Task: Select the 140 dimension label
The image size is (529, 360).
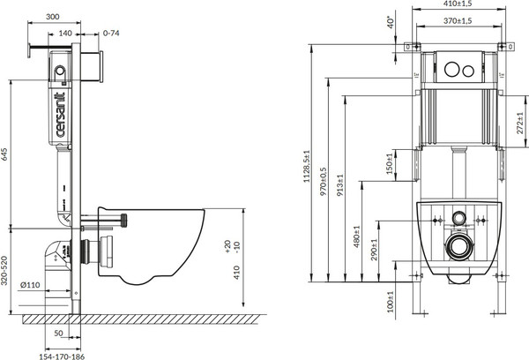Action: point(65,33)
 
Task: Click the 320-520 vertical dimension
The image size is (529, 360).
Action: point(7,269)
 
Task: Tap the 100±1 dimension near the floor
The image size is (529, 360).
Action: point(391,302)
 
